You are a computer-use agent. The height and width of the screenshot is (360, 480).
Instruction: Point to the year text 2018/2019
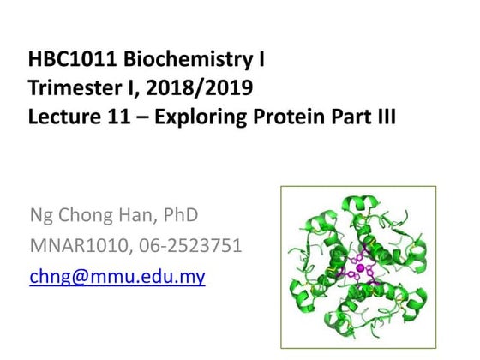pos(209,88)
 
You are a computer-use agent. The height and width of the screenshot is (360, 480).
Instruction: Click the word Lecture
pos(61,116)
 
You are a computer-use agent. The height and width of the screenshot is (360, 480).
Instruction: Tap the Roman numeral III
pos(383,116)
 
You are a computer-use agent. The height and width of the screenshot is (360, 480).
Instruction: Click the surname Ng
pos(42,215)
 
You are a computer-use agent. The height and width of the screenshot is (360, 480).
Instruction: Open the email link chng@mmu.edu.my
pos(117,277)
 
